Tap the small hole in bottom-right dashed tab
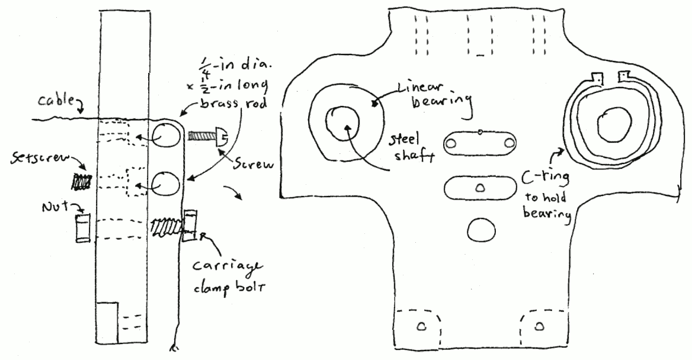(539, 326)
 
